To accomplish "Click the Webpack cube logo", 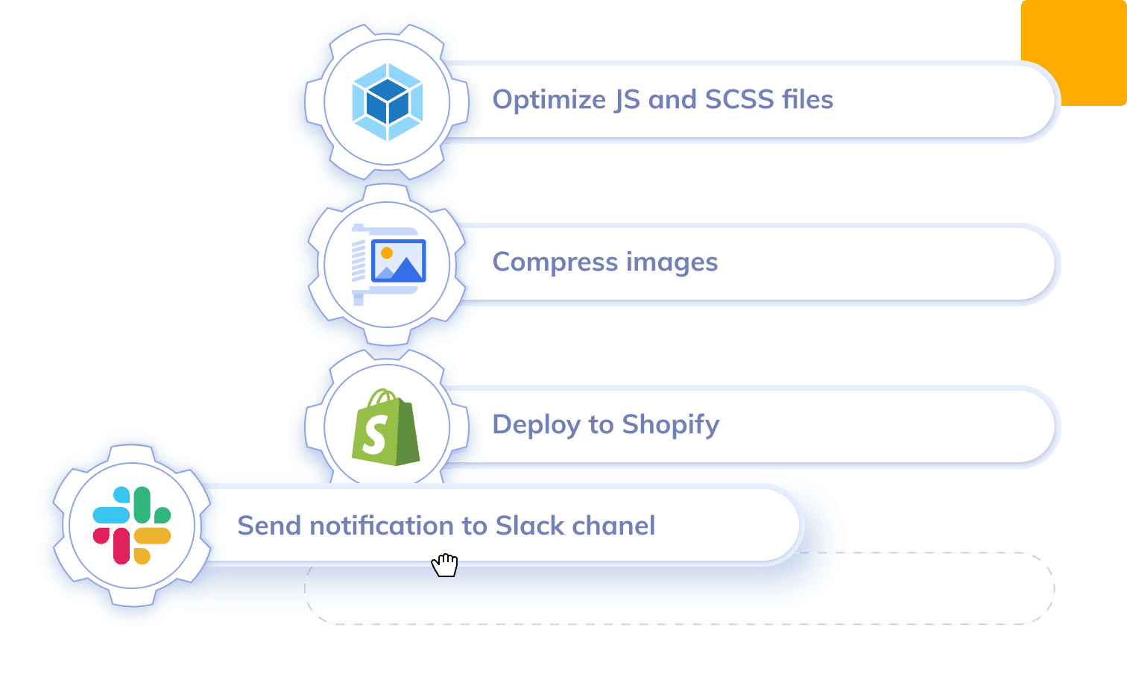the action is tap(387, 101).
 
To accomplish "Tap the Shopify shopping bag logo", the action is tap(386, 426).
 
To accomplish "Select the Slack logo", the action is tap(132, 525).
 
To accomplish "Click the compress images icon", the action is tap(388, 264).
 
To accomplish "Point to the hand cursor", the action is tap(445, 564).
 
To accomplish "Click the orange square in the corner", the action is tap(1074, 53).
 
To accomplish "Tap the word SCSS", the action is tap(739, 99).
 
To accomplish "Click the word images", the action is tap(672, 262).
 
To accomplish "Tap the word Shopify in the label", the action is tap(671, 425).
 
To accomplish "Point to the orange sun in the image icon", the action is tap(387, 253).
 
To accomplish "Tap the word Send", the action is tap(269, 526).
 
